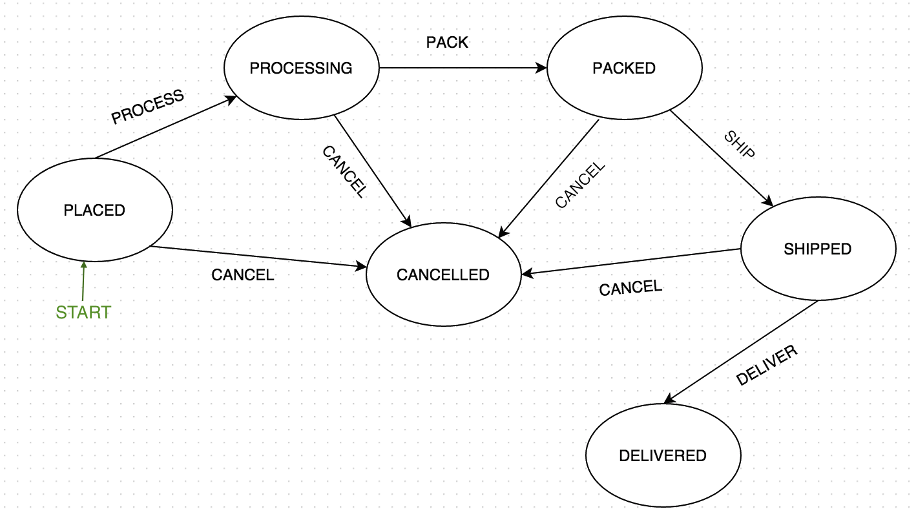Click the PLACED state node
95,210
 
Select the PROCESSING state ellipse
302,68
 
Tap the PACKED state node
625,68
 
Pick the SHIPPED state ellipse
818,249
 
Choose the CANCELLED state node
444,275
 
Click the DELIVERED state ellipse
663,455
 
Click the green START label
83,313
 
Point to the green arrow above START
83,281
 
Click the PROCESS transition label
148,107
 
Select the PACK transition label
447,43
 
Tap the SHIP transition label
740,144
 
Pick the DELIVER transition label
767,365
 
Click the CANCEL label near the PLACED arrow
242,275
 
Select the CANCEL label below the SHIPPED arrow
630,287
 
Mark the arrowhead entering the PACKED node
541,68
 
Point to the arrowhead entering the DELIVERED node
669,399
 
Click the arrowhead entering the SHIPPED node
767,201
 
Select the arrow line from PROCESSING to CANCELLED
373,171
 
